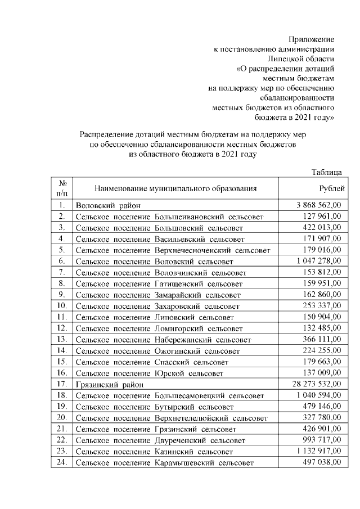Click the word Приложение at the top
pyautogui.click(x=312, y=39)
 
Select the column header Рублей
pyautogui.click(x=332, y=188)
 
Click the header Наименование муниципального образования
pyautogui.click(x=175, y=188)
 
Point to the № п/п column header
pyautogui.click(x=63, y=188)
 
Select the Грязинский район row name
pyautogui.click(x=107, y=384)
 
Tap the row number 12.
pyautogui.click(x=62, y=328)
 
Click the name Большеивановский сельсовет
pyautogui.click(x=209, y=217)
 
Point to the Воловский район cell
pyautogui.click(x=107, y=205)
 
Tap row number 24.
pyautogui.click(x=62, y=462)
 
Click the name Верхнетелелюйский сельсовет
pyautogui.click(x=210, y=418)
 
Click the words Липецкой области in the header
pyautogui.click(x=301, y=58)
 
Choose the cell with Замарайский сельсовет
pyautogui.click(x=197, y=295)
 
